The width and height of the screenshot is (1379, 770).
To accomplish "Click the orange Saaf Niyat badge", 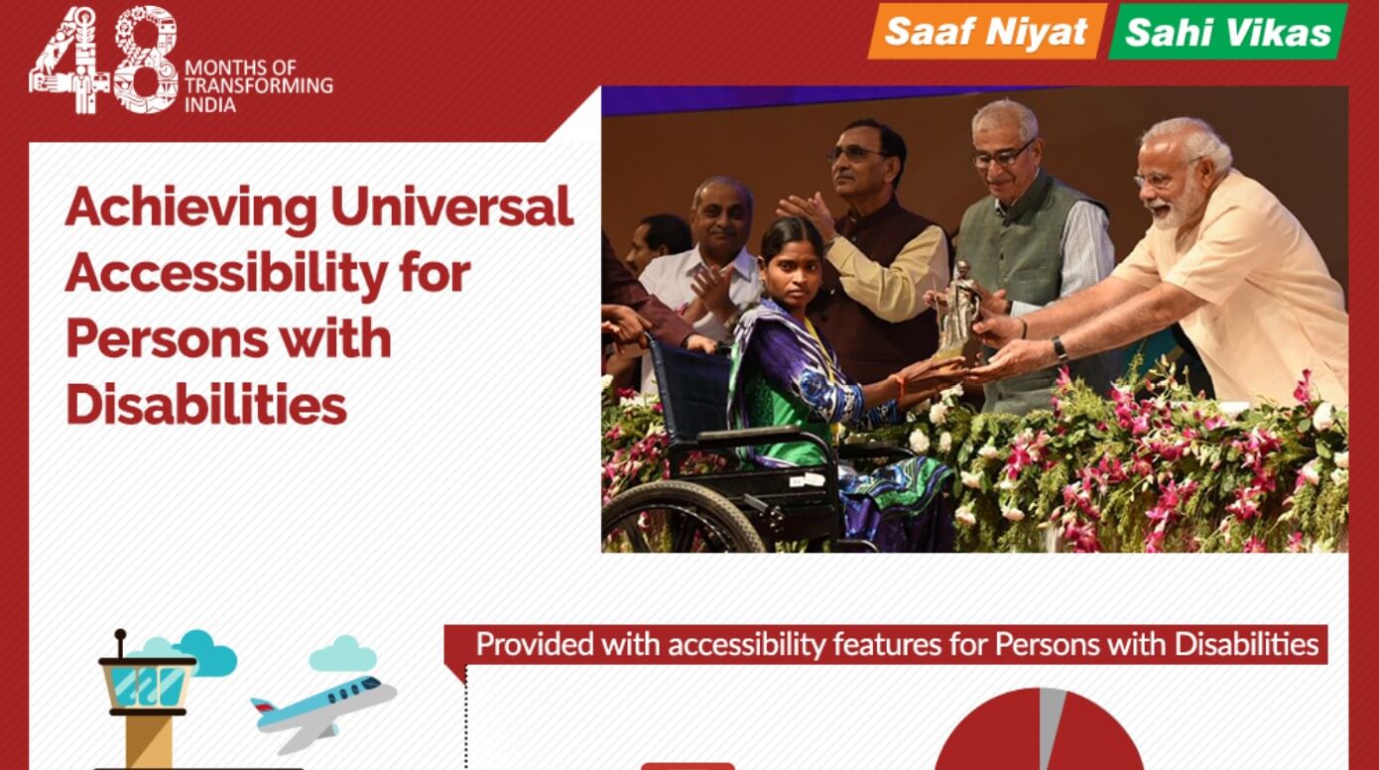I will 986,32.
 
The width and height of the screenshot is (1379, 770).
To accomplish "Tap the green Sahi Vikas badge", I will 1227,33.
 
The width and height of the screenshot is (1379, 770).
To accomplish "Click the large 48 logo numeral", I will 103,62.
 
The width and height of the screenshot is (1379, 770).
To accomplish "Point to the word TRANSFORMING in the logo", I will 258,85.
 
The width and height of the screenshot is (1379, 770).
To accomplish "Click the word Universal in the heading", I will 451,207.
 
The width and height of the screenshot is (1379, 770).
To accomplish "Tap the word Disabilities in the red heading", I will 206,404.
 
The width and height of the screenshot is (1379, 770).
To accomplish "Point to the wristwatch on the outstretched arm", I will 1061,349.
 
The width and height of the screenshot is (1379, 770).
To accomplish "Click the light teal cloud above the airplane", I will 342,655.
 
